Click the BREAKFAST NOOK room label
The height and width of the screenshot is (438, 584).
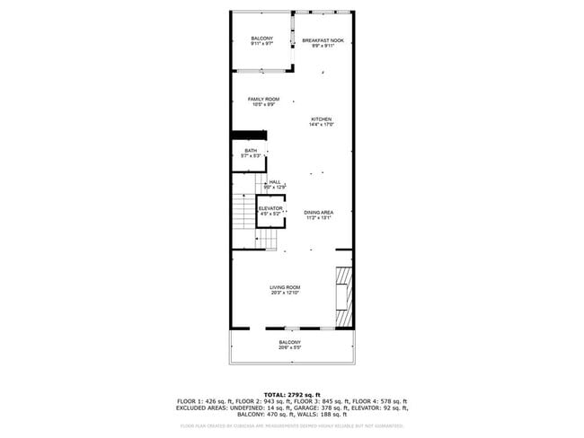coord(323,40)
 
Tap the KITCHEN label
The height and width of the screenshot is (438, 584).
coord(322,119)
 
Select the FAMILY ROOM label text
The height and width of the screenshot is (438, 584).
coord(263,99)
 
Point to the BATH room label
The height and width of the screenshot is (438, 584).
coord(251,151)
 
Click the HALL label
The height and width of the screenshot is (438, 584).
coord(275,182)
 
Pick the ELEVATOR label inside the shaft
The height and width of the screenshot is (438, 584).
coord(270,208)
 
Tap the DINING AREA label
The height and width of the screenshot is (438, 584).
coord(319,212)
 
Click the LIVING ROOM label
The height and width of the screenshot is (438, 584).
coord(284,287)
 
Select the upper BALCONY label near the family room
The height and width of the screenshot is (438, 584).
coord(262,38)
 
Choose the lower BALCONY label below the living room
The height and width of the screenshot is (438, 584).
coord(289,342)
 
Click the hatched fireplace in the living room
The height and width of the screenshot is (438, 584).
coord(343,297)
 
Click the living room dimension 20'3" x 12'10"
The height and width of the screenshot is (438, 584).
coord(284,293)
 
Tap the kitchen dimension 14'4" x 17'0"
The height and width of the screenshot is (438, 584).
coord(322,125)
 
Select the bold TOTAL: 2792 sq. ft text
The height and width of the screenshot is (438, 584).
coord(291,394)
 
